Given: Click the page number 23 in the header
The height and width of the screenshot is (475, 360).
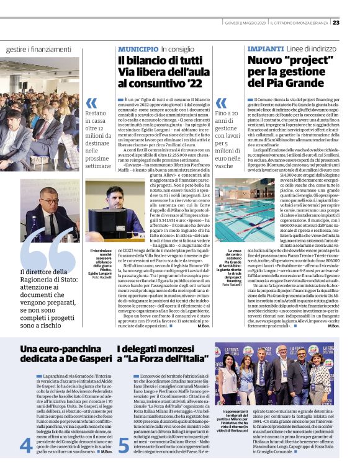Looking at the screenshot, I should point(353,23).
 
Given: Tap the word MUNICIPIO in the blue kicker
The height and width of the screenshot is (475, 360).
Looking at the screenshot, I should point(138,48).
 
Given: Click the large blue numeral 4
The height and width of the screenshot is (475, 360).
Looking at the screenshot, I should point(26,445).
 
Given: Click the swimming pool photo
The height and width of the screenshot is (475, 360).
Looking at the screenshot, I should point(261,211).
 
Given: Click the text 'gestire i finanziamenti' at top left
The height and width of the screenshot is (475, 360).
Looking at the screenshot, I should point(38,48).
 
